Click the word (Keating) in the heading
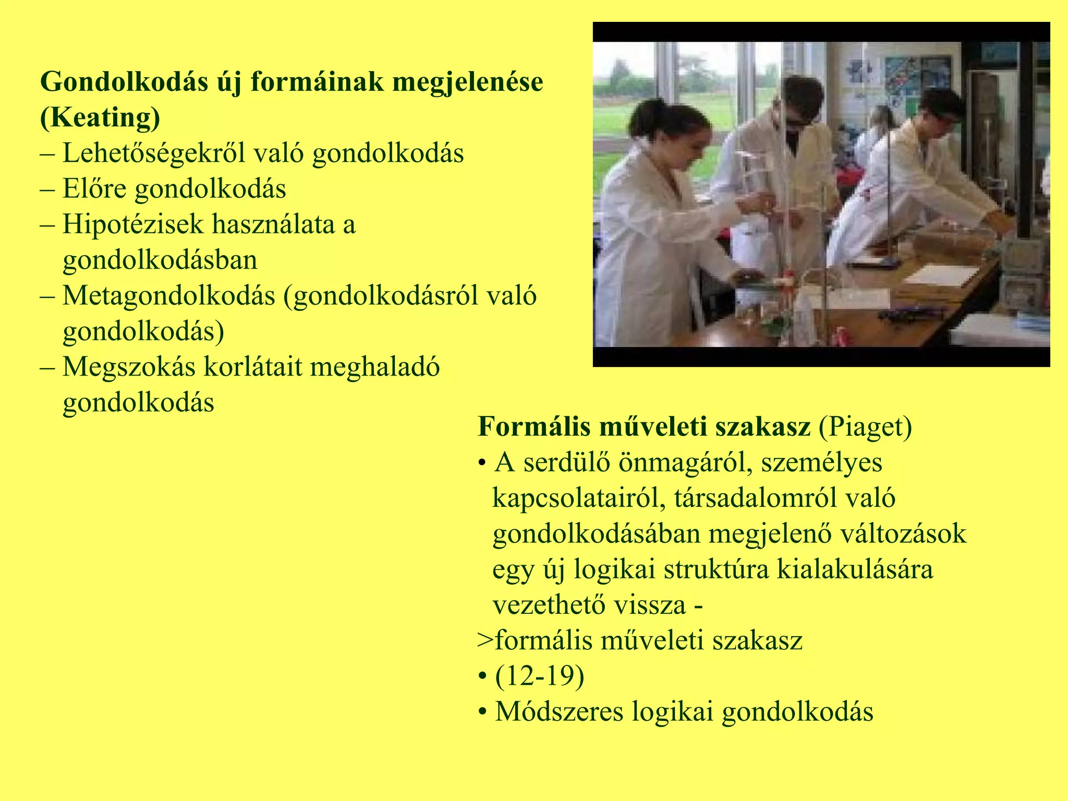(100, 117)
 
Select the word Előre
(94, 189)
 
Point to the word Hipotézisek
(132, 225)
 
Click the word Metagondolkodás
(168, 296)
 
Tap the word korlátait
(253, 367)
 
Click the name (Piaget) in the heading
(865, 427)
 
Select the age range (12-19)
(540, 676)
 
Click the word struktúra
(716, 569)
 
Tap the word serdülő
(567, 463)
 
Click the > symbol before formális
(485, 641)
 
